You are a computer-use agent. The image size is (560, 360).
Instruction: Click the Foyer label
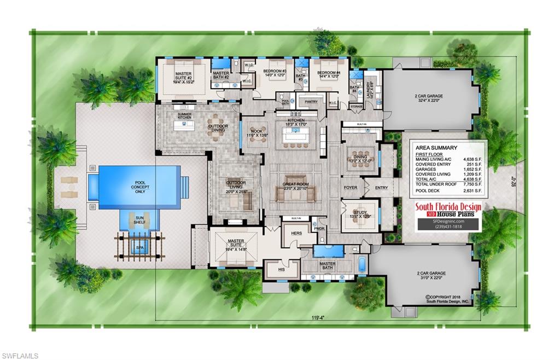pyautogui.click(x=350, y=188)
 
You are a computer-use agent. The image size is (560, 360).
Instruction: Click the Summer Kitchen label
pyautogui.click(x=184, y=116)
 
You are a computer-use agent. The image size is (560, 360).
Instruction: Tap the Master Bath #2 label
pyautogui.click(x=221, y=76)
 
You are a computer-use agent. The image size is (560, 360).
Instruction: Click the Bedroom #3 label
pyautogui.click(x=275, y=73)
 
